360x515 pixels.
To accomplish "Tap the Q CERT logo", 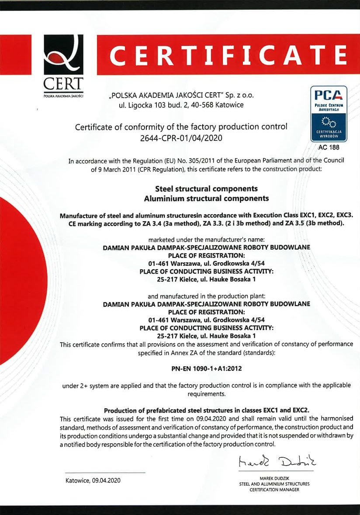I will click(63, 66).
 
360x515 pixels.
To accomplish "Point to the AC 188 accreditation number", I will click(329, 148).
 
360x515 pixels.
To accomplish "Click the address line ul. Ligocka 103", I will click(181, 105).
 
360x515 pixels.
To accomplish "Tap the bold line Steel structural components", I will click(206, 189).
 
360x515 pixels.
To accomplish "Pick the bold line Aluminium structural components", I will click(206, 198).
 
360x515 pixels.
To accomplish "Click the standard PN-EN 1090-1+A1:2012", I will click(206, 369).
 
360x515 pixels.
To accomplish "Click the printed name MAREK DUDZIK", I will click(274, 478).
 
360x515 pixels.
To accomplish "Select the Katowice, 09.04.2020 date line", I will click(93, 480).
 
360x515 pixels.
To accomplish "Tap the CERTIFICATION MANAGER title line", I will click(274, 490).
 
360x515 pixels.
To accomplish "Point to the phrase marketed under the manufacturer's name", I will click(207, 239).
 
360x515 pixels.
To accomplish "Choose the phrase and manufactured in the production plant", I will click(207, 296).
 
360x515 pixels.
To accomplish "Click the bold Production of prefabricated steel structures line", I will click(207, 410).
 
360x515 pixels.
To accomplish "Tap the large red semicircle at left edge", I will click(22, 280).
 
